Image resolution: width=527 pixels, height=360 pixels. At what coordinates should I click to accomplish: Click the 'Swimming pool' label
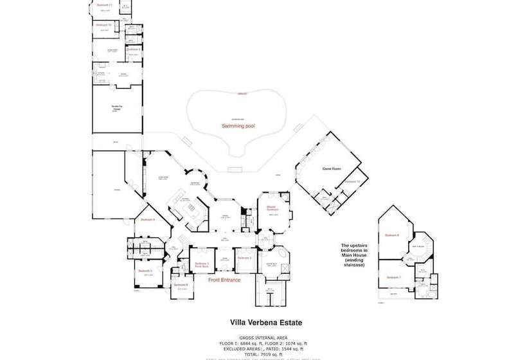point(238,126)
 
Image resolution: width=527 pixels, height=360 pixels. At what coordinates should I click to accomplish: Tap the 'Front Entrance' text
point(225,280)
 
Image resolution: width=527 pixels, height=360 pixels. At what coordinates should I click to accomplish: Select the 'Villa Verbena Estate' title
point(265,323)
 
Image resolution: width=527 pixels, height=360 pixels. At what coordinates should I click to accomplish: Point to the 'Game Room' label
point(332,169)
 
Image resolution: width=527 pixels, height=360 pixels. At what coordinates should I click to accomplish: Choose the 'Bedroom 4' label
point(147,219)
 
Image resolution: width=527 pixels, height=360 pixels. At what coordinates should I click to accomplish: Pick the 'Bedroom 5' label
point(145,271)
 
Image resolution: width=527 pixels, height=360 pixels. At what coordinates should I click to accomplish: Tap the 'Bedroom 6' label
point(181,284)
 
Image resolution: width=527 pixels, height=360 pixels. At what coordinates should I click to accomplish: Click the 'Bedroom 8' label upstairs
point(392,235)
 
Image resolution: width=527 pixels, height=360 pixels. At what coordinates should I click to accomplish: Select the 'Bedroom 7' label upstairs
point(393,277)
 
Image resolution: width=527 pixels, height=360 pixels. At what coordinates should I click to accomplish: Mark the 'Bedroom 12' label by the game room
point(352,181)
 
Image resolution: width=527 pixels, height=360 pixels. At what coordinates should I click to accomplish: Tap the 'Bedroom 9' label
point(133,49)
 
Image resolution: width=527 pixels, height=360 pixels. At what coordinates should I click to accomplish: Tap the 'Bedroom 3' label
point(244,258)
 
